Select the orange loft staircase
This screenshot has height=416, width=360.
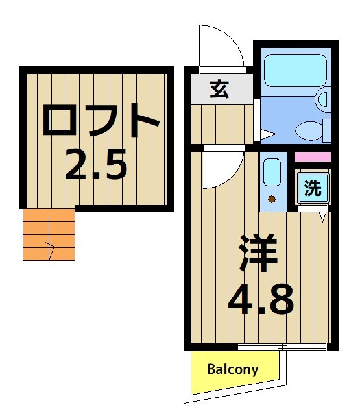tap(49, 234)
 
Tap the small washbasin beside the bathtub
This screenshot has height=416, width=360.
tap(322, 98)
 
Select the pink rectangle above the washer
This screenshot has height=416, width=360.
tap(313, 156)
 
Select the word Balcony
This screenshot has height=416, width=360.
tap(233, 370)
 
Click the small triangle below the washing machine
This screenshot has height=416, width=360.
tap(322, 217)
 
